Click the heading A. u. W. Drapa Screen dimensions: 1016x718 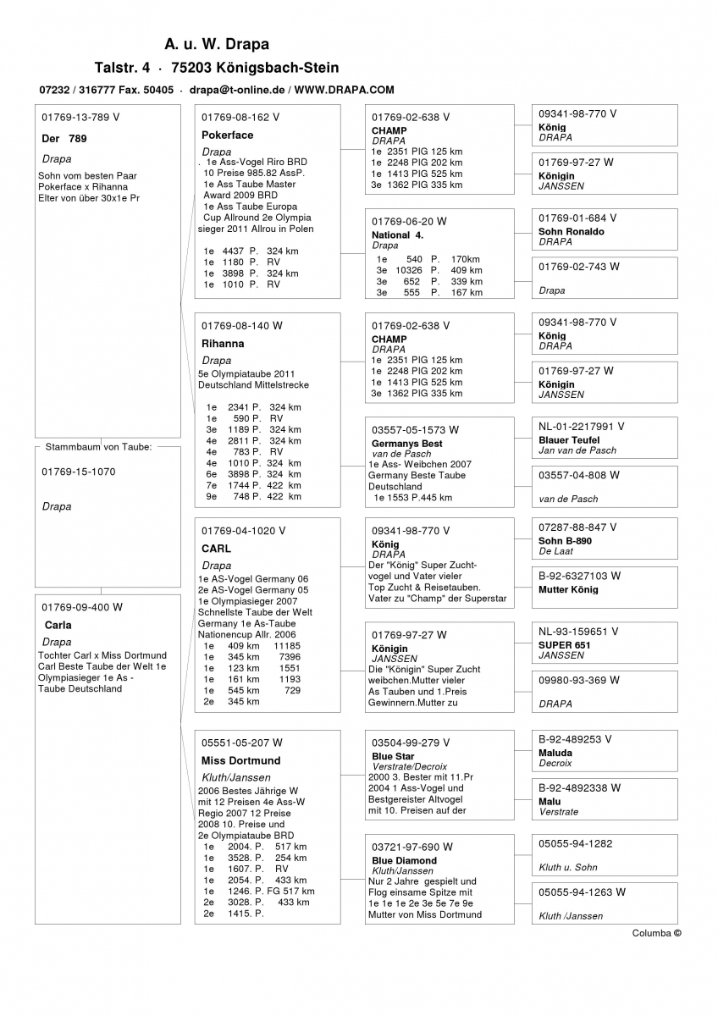[x=217, y=44]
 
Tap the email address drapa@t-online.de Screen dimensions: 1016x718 [x=237, y=90]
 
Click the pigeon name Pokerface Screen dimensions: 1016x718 [x=227, y=135]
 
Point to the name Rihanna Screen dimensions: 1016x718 [x=223, y=344]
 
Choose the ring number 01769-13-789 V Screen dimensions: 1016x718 [x=80, y=117]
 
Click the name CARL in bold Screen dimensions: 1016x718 [x=216, y=549]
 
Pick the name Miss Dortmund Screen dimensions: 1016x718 [x=240, y=760]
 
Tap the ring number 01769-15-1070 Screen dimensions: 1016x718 [x=78, y=472]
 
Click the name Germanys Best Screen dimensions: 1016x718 [x=406, y=444]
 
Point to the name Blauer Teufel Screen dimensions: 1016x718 [x=568, y=440]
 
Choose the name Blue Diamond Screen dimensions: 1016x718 [x=404, y=860]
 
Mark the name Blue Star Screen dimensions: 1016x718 [x=393, y=756]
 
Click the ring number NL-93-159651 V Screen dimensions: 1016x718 [x=578, y=632]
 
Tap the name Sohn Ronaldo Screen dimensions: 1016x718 [x=571, y=231]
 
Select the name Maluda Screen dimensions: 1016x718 [x=555, y=753]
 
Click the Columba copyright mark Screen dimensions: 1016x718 [x=656, y=933]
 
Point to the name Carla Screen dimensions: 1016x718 [x=58, y=626]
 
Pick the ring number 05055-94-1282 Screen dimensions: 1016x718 [x=575, y=843]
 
